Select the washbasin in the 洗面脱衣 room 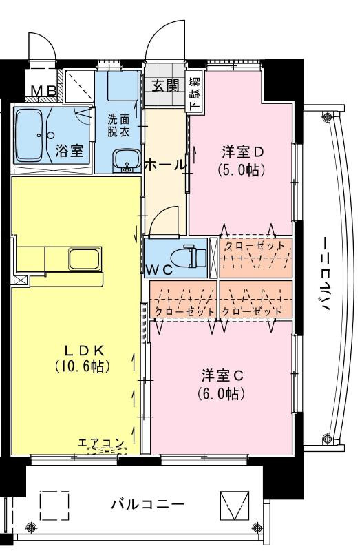coord(127,160)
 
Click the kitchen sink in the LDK coord(85,260)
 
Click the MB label coord(44,91)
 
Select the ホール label coord(164,164)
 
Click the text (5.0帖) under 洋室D coord(241,170)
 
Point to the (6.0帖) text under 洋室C coord(221,393)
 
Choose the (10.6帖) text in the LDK coord(83,366)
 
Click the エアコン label coord(101,442)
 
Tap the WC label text coord(159,270)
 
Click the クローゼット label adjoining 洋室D coord(255,245)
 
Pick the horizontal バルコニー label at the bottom coord(148,505)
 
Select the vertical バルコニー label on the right coord(326,274)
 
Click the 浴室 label coord(70,151)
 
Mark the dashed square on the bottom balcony coord(54,505)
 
